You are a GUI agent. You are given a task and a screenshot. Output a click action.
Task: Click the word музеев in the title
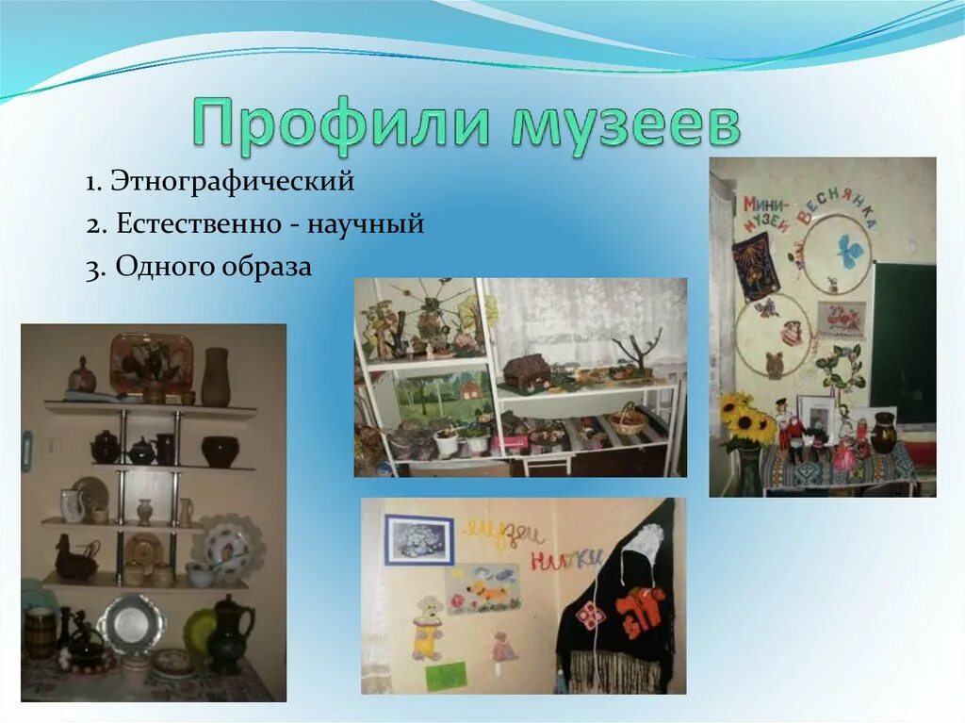coord(625,123)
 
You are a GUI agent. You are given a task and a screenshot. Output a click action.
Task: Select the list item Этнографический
coord(232,180)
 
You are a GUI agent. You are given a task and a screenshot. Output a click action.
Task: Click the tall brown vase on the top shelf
coord(215,377)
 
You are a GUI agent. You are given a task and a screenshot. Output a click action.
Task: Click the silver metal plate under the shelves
coord(132,624)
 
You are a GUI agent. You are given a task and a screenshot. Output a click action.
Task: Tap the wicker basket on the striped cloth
coord(628,420)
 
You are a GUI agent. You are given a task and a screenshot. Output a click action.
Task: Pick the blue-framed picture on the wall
coord(418,539)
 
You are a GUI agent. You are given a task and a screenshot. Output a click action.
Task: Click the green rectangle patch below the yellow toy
coord(446,675)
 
